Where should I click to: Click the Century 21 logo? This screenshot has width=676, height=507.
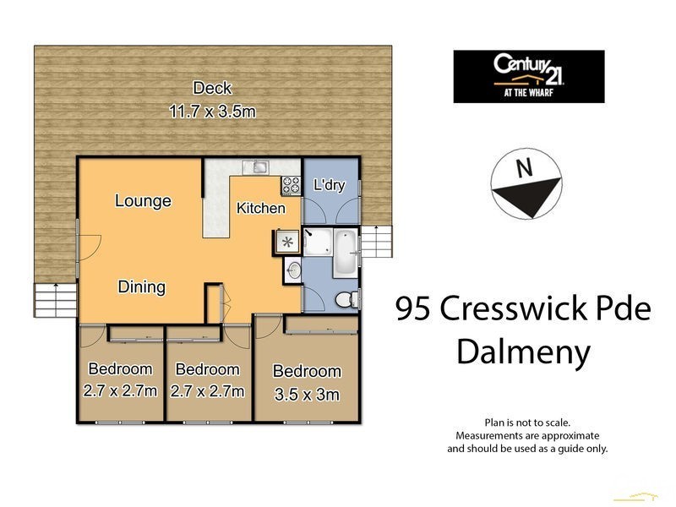point(528,77)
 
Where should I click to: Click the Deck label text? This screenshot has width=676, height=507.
point(212,88)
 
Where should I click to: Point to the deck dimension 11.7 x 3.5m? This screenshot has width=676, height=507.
point(212,110)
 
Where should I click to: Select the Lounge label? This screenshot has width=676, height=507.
point(143,201)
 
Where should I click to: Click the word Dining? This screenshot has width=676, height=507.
point(141,287)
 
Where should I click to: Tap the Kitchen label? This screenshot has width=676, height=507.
point(260,208)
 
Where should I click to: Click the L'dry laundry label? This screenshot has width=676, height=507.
point(329,185)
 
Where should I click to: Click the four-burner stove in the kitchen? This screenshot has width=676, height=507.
point(291,183)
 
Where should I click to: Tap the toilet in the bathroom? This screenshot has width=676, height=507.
point(346,299)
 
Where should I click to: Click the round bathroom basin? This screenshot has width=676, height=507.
point(293,271)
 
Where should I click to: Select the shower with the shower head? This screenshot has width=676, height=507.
point(317,243)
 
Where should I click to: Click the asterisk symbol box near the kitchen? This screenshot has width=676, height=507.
point(287,243)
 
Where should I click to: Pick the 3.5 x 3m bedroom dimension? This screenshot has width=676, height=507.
point(306,393)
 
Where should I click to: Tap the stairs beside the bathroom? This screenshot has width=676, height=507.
point(377,243)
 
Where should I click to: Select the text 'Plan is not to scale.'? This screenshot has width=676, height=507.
point(527,422)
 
